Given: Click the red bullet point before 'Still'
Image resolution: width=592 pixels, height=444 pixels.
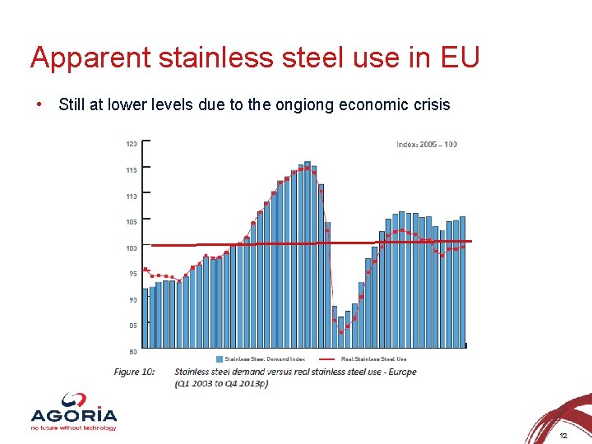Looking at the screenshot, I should point(39,104).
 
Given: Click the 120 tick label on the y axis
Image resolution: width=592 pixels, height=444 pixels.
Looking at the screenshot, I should point(131,144).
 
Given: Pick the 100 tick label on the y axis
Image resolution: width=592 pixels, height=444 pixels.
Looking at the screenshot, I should point(131,247).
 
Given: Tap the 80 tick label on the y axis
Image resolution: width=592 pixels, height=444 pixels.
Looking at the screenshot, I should point(132,351).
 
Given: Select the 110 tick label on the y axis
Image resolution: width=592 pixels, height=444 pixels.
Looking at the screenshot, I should point(131,196).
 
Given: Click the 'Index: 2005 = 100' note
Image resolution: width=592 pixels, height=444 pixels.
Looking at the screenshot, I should point(427,145).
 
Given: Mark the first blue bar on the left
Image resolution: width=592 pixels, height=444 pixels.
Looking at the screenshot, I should point(145,317).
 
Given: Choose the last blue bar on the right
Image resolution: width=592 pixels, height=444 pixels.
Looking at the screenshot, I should point(462,280).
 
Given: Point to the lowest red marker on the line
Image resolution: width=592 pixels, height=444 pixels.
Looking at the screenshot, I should point(341,331).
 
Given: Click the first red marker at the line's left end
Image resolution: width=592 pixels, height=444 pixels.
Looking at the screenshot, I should point(146,270).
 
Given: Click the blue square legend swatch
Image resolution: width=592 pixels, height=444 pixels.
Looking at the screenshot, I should point(219,358).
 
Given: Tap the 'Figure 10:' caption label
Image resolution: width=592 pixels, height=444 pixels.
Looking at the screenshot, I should point(134,372).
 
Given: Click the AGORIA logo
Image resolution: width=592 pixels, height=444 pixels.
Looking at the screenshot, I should point(73,417).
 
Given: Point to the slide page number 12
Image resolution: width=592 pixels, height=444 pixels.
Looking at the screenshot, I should point(563,435).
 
